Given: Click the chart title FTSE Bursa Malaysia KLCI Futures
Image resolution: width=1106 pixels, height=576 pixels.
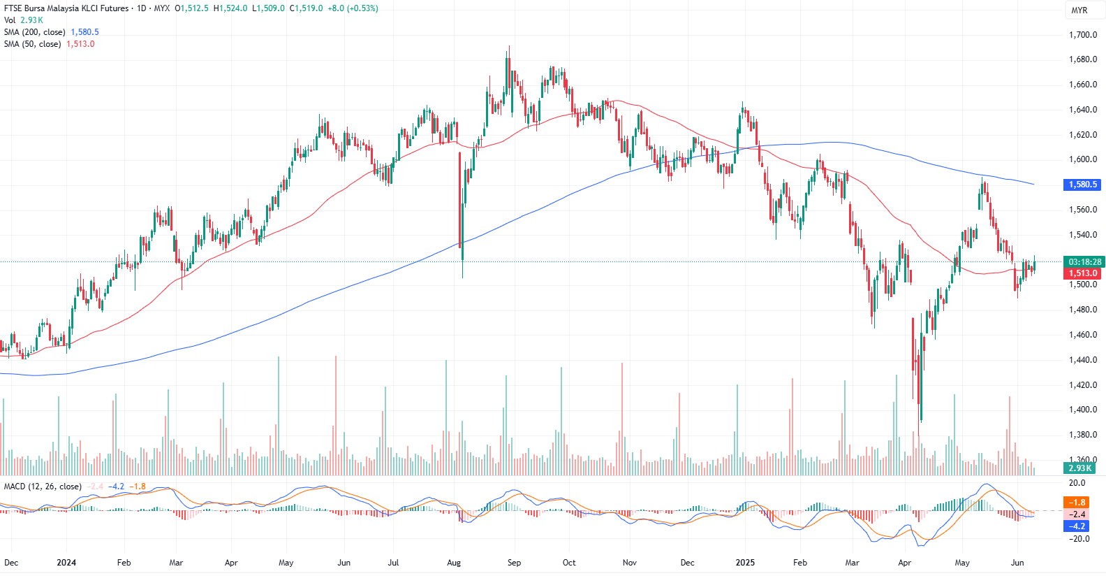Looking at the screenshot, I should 66,8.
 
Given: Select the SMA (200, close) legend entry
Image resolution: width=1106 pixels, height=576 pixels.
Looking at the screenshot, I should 35,32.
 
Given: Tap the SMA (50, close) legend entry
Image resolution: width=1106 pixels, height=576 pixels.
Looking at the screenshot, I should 32,44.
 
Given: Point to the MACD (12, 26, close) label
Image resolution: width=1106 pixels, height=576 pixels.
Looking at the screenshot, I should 43,487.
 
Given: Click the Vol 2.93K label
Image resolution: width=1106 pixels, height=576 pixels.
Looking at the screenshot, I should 23,20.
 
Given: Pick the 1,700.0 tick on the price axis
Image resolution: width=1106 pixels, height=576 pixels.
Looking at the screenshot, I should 1083,35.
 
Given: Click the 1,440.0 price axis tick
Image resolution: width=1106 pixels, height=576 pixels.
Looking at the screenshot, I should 1083,360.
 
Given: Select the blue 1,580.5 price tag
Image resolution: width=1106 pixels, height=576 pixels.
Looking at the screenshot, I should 1082,185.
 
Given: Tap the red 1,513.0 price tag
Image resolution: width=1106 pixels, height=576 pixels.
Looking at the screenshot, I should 1083,273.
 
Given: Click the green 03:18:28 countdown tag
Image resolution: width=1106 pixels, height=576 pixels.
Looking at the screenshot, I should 1084,262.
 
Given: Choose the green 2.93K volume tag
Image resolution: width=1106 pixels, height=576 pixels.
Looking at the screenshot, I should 1080,468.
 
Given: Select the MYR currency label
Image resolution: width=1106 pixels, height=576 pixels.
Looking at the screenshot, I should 1079,10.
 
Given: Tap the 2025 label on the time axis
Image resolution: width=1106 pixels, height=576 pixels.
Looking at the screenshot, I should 745,563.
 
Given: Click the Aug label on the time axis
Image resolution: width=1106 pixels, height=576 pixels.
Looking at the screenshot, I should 454,563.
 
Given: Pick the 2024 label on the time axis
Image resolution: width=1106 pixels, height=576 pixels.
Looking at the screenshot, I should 66,563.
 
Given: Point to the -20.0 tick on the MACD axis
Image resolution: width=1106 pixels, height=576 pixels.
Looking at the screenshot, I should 1079,539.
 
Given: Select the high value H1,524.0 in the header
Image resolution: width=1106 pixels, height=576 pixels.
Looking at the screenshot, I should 230,8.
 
